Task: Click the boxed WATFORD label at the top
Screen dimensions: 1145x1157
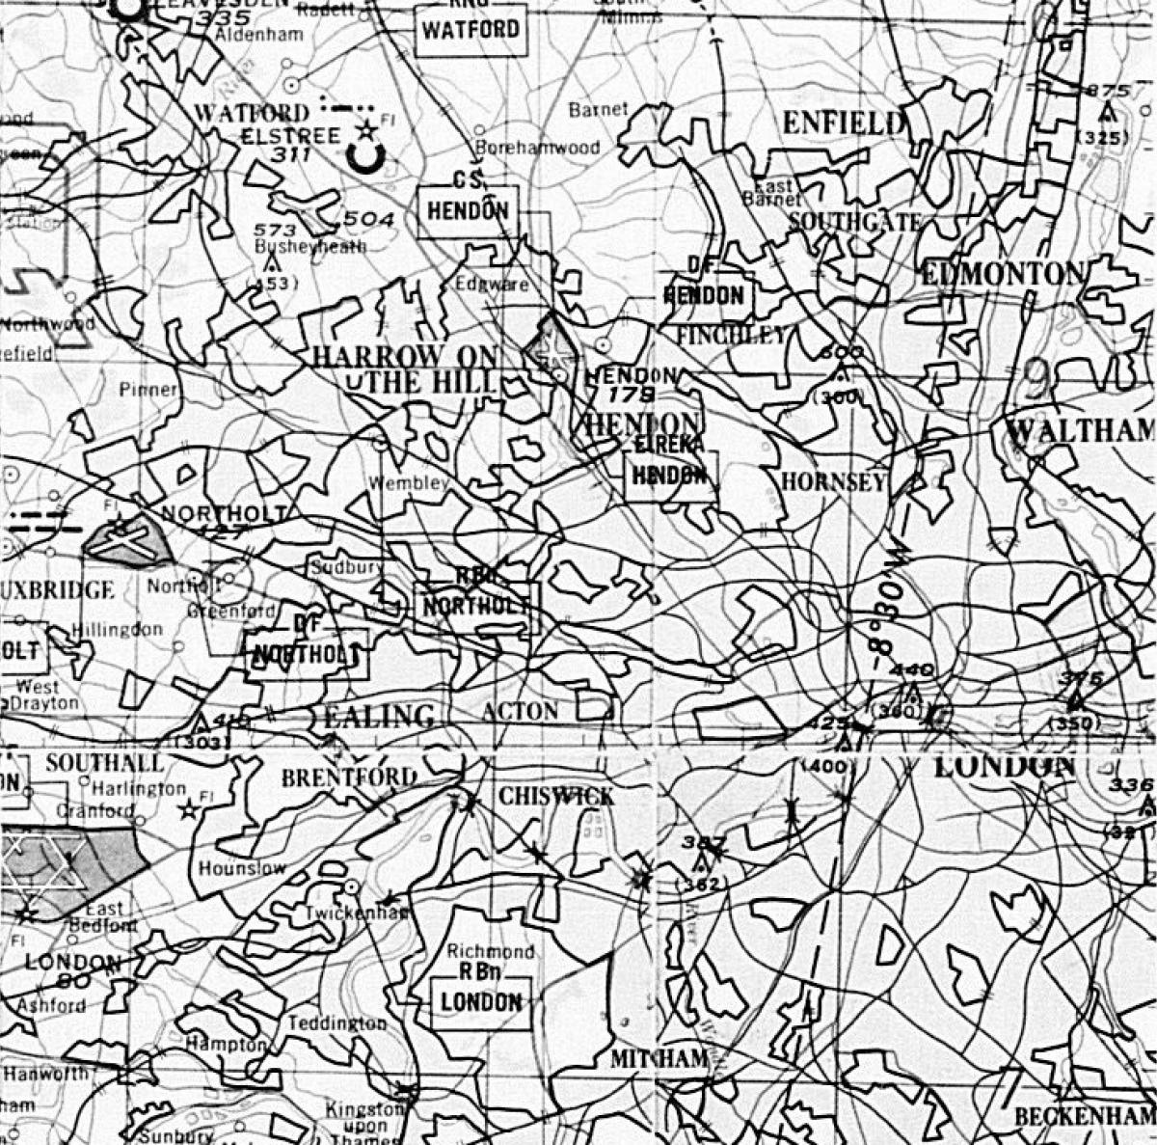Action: [471, 30]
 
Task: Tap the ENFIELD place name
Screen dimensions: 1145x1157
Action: [843, 123]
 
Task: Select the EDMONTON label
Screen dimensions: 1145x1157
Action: [1003, 274]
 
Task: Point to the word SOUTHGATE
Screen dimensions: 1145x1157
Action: [854, 222]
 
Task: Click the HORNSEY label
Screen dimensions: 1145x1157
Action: [833, 482]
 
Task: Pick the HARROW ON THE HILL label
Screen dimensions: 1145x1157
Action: [405, 369]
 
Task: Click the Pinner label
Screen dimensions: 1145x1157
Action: [148, 390]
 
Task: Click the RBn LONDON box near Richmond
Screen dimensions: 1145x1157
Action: [481, 1001]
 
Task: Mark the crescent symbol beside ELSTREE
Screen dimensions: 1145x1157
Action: [367, 157]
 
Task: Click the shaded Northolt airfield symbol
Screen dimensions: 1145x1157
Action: [127, 541]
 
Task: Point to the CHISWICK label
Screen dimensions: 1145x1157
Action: [556, 796]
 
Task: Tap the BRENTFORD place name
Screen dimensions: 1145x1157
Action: [349, 777]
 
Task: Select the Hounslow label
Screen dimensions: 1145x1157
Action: [242, 868]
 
